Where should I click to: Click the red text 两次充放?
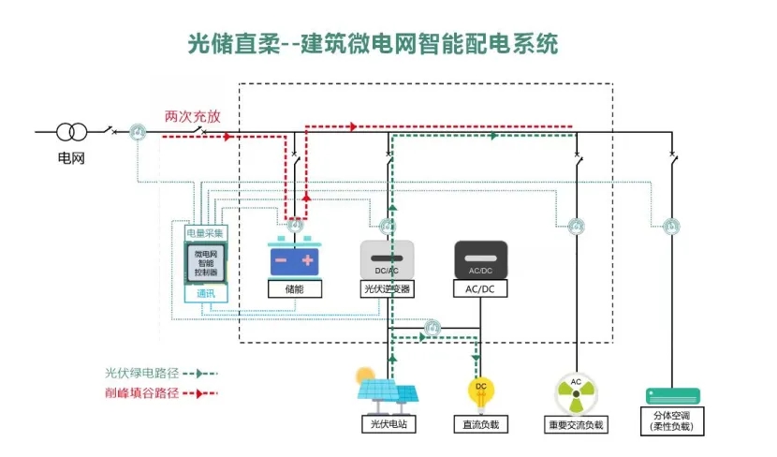[193, 117]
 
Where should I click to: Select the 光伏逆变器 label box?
[387, 289]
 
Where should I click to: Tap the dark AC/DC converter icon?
[480, 258]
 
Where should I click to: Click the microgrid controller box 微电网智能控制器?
[206, 263]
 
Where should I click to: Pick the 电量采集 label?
[206, 232]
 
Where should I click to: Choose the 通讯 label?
[206, 294]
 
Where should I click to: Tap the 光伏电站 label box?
[388, 424]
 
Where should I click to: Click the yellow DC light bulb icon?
[480, 391]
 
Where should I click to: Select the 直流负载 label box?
[480, 424]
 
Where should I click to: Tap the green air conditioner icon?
[673, 395]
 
